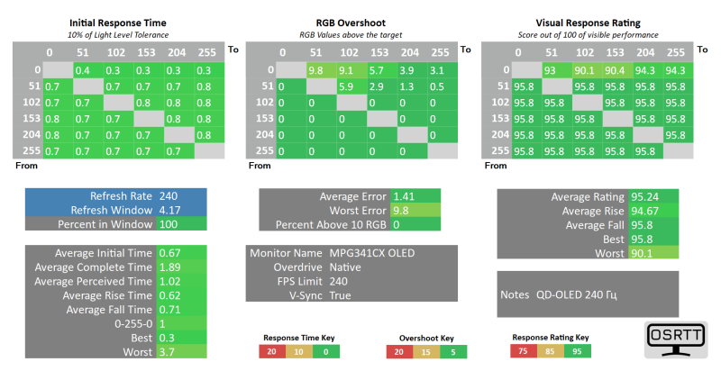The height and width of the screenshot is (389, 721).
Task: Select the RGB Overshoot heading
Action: [352, 23]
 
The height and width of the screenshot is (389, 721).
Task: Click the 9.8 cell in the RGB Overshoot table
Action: [316, 70]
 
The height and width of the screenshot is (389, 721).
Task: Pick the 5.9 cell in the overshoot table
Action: [347, 86]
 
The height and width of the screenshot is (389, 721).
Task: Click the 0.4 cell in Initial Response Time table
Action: [83, 70]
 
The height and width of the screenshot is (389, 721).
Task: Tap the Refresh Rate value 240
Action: [169, 195]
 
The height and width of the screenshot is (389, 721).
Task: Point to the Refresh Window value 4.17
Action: [169, 210]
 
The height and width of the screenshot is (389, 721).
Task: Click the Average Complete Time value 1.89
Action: [169, 267]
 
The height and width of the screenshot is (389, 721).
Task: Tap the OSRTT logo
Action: [676, 339]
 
